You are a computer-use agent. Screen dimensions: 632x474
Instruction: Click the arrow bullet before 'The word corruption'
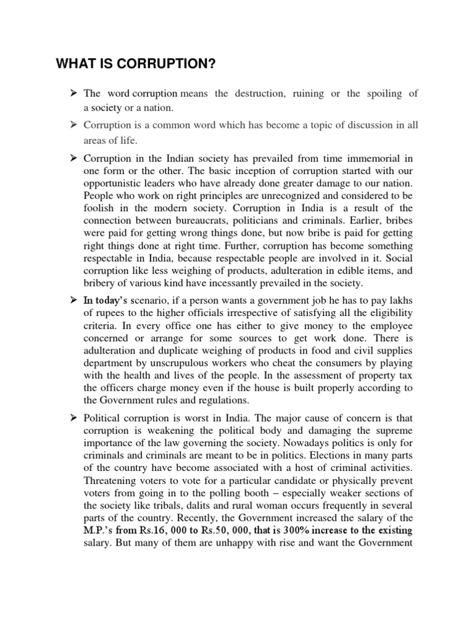pos(72,94)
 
